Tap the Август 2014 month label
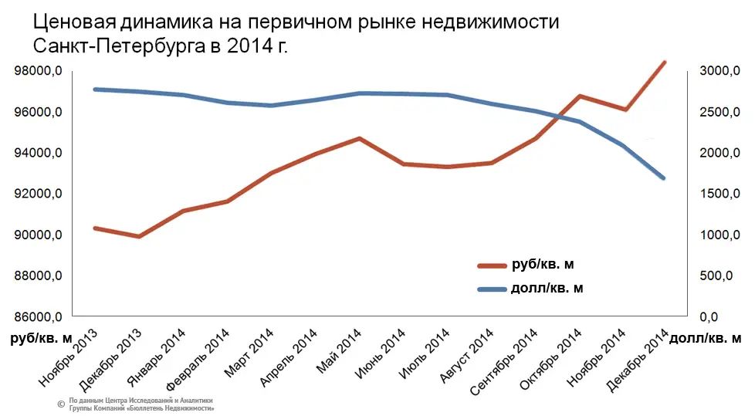[468, 357]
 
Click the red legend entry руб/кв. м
[543, 265]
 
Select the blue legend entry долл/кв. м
[547, 289]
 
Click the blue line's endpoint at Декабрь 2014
[664, 178]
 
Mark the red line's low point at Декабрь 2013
[139, 236]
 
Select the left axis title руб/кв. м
[39, 338]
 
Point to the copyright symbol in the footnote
[60, 404]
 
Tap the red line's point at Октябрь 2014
[579, 96]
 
